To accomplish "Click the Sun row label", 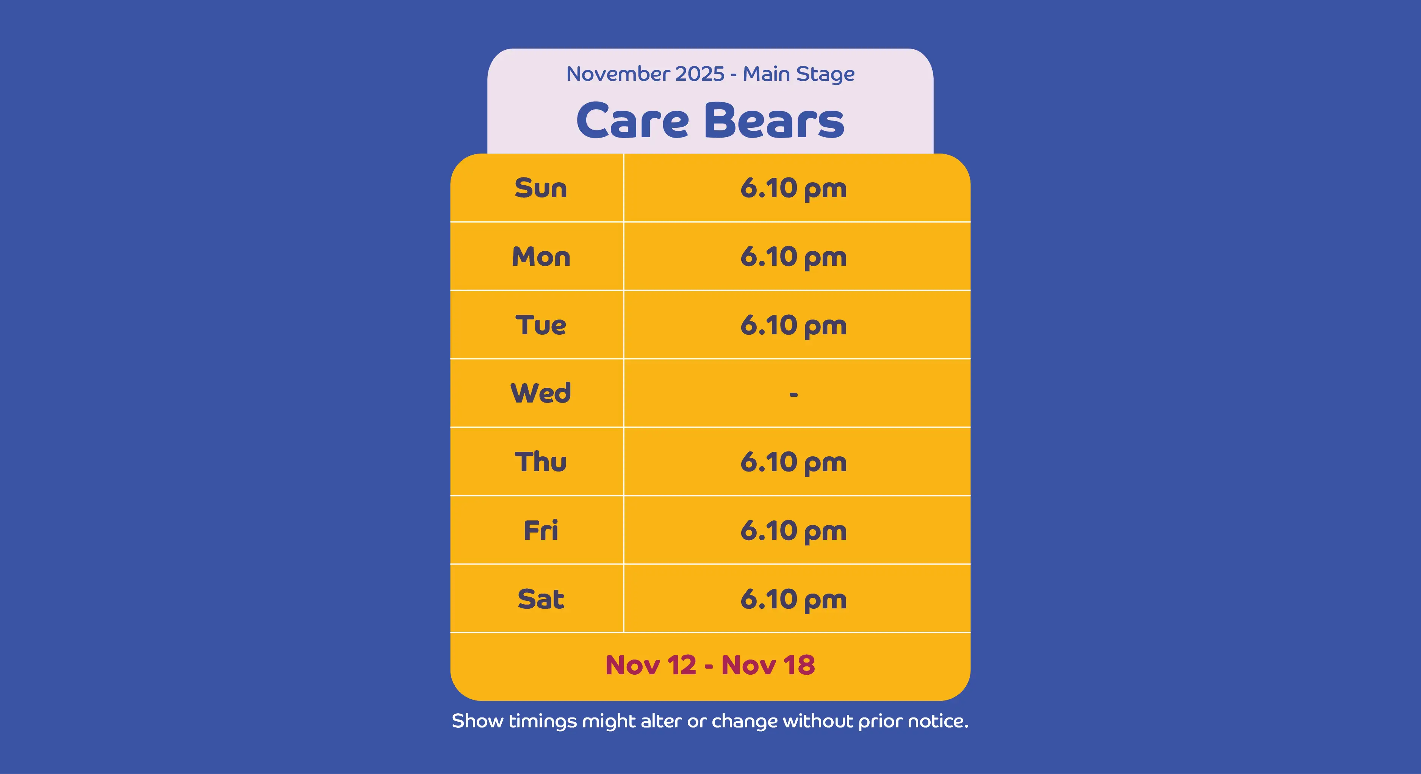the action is point(541,188).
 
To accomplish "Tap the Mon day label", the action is point(541,257).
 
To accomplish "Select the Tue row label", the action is point(541,325).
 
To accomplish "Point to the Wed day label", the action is point(541,393).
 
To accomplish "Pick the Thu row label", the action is point(541,462).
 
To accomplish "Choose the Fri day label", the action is point(541,530).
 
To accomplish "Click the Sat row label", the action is point(541,599).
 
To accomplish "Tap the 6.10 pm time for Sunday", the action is point(793,189).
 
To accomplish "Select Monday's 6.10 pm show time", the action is point(793,258).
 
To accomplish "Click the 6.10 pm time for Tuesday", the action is point(793,326).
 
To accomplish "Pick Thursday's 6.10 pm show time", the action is point(793,463).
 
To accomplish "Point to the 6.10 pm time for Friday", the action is point(793,531).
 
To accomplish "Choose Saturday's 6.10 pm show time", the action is point(793,600).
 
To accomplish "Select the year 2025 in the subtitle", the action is point(700,74).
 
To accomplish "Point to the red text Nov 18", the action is point(768,665).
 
